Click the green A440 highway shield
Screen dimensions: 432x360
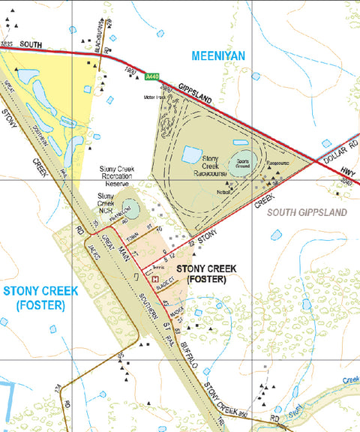pos(152,76)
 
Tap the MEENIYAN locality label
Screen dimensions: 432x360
pos(219,55)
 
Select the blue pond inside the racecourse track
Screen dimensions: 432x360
pos(192,154)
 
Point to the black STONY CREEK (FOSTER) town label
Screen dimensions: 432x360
pos(206,274)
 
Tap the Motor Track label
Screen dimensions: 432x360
pos(155,96)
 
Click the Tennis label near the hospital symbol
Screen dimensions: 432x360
pos(158,268)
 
